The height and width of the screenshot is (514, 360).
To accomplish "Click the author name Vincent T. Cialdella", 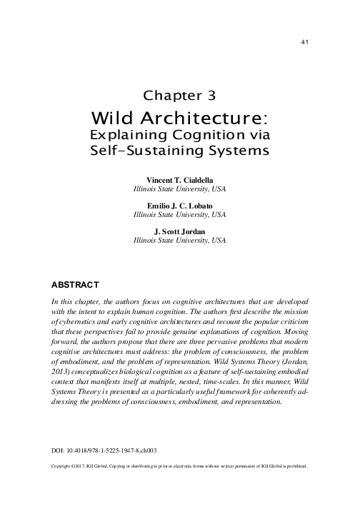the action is [180, 181].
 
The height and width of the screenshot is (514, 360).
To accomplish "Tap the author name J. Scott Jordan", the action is [180, 231].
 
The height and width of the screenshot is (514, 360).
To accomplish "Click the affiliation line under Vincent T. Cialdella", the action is [180, 190].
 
